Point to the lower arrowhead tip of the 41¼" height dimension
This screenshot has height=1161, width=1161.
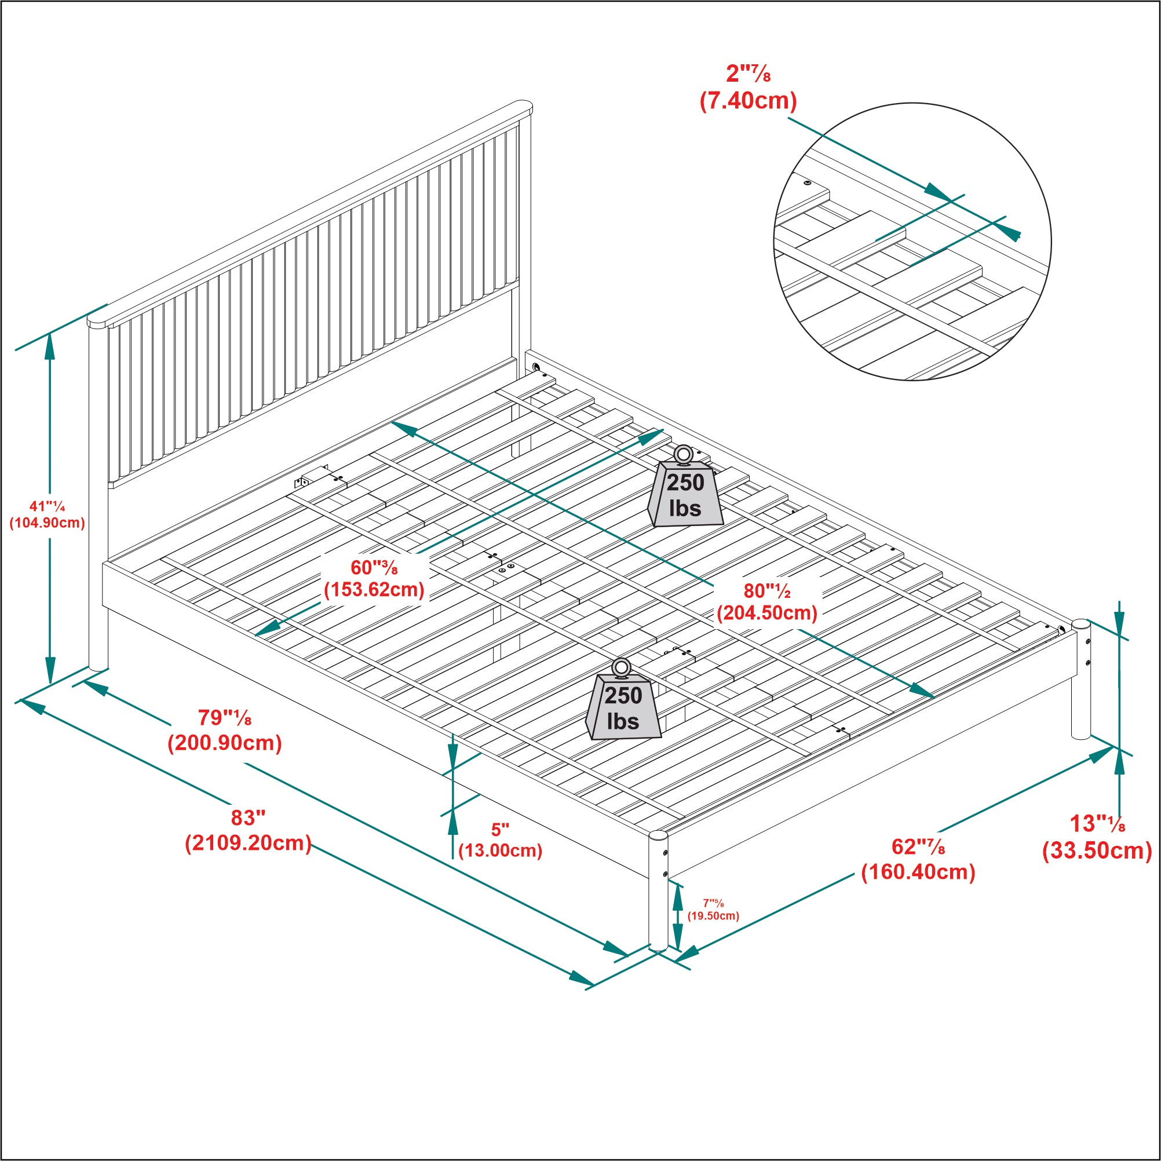click(50, 683)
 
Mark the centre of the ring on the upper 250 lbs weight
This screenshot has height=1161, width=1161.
click(683, 454)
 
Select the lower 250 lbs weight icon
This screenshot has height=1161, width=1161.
click(623, 699)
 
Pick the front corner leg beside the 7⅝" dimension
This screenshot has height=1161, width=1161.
click(658, 892)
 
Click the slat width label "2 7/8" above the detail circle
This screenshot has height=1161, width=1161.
click(748, 74)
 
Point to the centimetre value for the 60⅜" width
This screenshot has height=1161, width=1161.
click(374, 590)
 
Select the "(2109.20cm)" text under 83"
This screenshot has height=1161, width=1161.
click(248, 843)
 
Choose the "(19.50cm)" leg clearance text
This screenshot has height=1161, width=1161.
click(713, 916)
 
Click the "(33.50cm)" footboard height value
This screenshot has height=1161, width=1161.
click(1097, 851)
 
